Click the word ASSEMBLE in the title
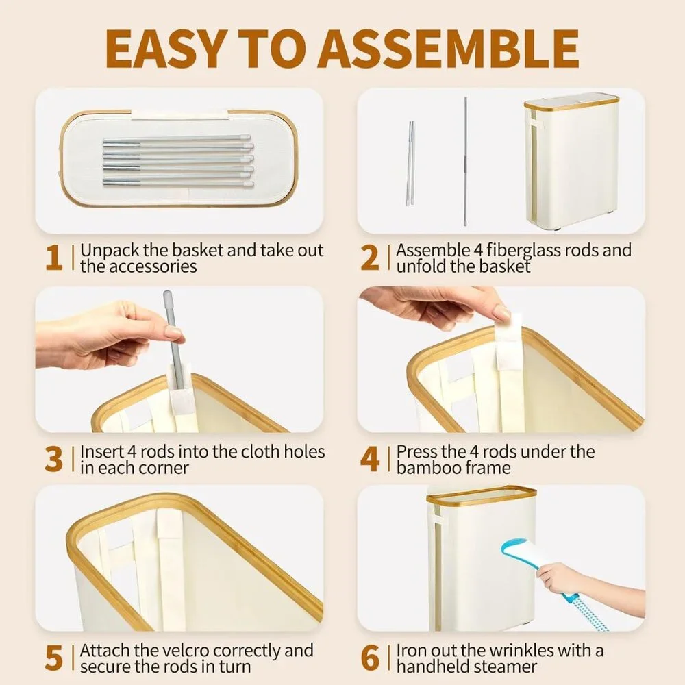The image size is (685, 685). point(449,49)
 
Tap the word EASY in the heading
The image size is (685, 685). point(163,49)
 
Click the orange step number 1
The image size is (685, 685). point(54,258)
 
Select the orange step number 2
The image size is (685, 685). point(370,258)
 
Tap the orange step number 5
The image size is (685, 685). point(53,658)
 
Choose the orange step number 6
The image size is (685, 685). point(370,658)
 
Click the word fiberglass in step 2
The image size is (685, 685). point(523,251)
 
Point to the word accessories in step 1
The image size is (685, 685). point(153,266)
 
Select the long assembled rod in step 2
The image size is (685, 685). point(466,161)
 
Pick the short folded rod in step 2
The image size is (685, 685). point(410,164)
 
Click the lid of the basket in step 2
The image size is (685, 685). point(572,102)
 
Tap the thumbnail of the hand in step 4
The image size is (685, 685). point(502,312)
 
